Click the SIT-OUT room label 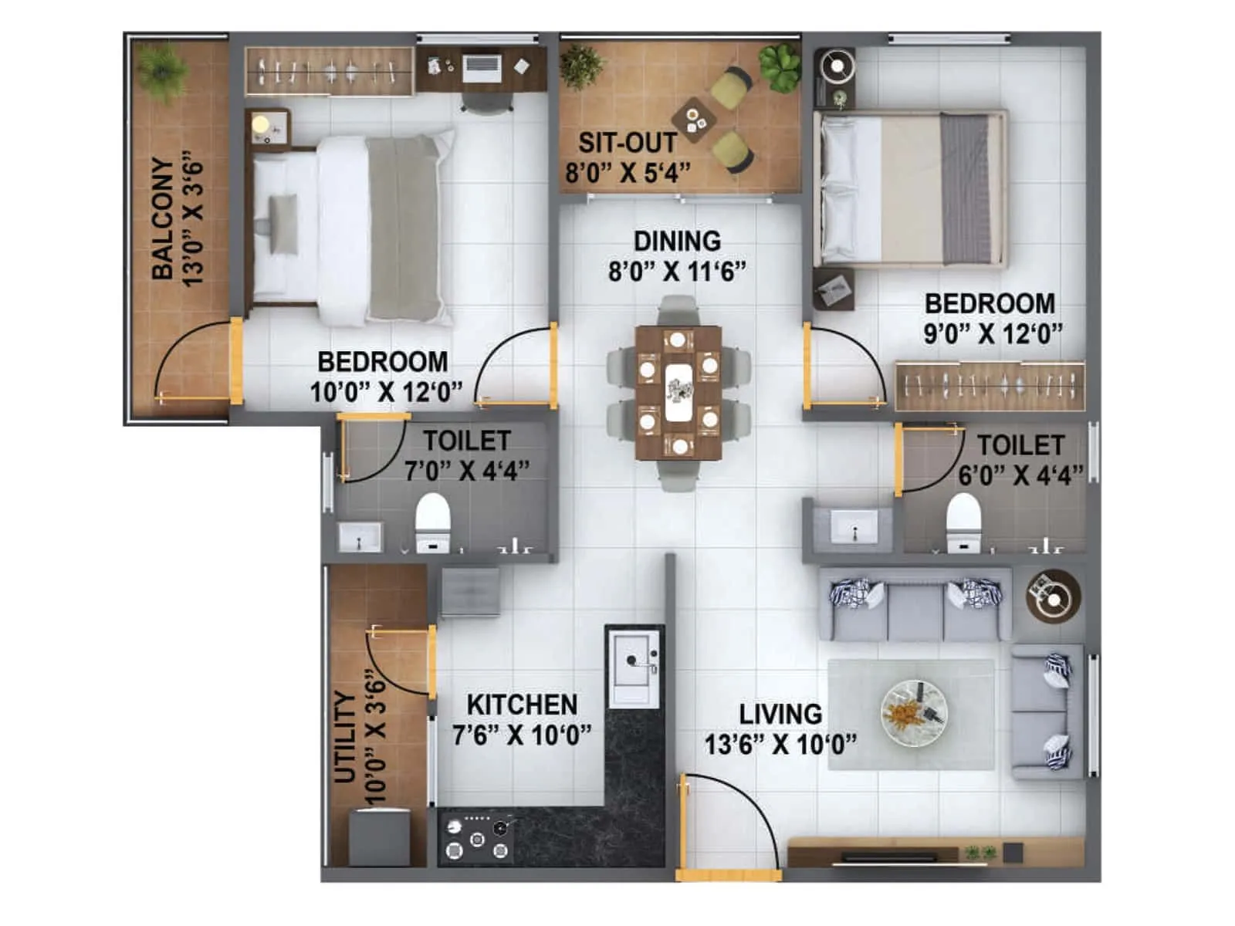pos(628,144)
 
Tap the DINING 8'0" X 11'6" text pos(677,256)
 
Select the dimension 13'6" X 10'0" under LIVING pos(780,745)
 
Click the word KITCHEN pos(522,705)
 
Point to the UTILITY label pos(345,737)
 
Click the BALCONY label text pos(163,218)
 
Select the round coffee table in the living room pos(915,712)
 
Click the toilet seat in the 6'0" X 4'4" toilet pos(963,519)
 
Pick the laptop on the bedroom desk pos(482,68)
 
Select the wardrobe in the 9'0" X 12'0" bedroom pos(990,385)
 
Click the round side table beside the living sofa pos(1053,596)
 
